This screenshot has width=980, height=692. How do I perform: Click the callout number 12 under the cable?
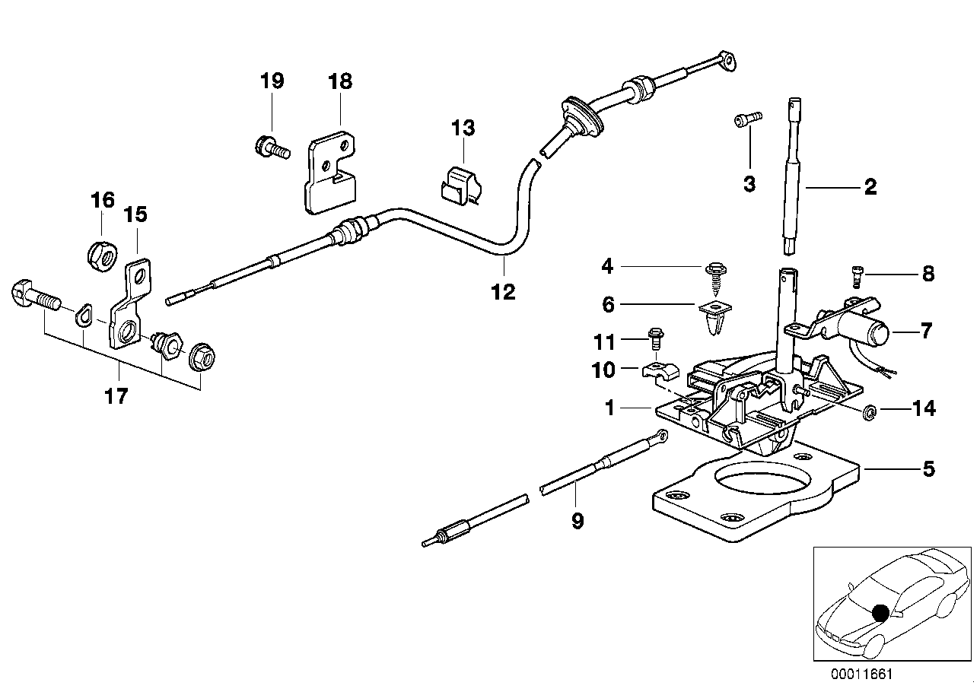[504, 291]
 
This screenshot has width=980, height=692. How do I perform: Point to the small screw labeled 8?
[854, 275]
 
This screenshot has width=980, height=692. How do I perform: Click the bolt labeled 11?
[654, 340]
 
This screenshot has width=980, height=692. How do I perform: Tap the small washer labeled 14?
[868, 412]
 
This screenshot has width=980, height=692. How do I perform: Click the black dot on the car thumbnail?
[880, 612]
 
